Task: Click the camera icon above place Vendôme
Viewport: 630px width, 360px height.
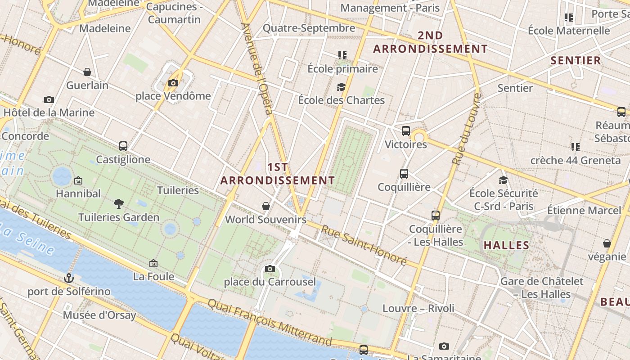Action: pyautogui.click(x=173, y=83)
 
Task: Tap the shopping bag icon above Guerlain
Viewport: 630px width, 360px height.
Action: pyautogui.click(x=87, y=72)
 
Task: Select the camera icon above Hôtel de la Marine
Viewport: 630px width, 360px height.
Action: pyautogui.click(x=49, y=99)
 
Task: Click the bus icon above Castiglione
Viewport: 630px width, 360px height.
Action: pyautogui.click(x=123, y=146)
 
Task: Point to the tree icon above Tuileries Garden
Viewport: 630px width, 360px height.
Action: pyautogui.click(x=119, y=204)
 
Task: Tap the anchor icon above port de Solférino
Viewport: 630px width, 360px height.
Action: pyautogui.click(x=69, y=278)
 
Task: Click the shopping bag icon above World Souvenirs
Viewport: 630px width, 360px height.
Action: pyautogui.click(x=266, y=206)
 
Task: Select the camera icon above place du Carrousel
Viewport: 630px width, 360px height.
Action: pyautogui.click(x=270, y=269)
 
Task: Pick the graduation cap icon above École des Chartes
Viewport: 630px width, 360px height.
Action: pyautogui.click(x=341, y=87)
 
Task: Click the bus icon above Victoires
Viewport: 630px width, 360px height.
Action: pyautogui.click(x=406, y=131)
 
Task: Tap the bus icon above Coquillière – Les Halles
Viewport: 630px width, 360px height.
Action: pyautogui.click(x=435, y=216)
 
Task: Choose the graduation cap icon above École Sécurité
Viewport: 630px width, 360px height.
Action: pyautogui.click(x=503, y=180)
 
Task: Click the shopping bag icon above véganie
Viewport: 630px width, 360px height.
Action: pyautogui.click(x=607, y=243)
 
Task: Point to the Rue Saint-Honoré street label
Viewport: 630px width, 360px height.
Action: pyautogui.click(x=364, y=245)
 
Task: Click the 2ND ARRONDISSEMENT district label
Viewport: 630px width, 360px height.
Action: pyautogui.click(x=431, y=42)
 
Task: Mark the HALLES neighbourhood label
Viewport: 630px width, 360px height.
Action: pyautogui.click(x=506, y=245)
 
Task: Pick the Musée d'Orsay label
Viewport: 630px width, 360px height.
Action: pyautogui.click(x=99, y=315)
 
